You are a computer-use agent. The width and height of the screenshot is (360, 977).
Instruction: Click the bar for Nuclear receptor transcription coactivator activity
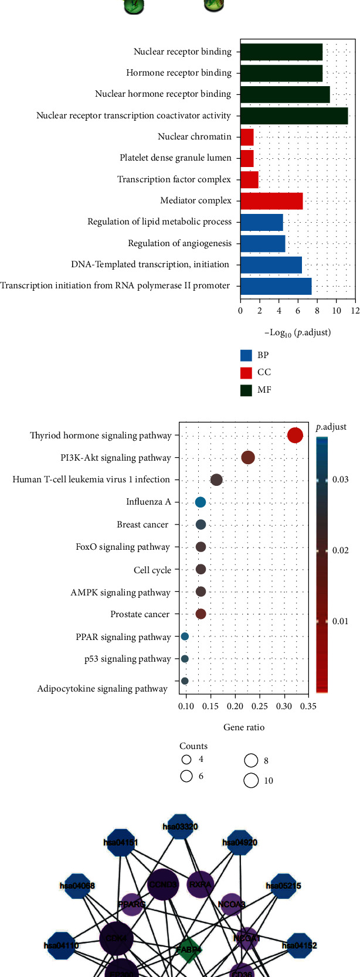pos(294,115)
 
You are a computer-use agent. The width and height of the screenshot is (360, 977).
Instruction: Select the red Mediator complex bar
pos(271,200)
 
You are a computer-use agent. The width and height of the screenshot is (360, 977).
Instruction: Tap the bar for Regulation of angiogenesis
pos(263,243)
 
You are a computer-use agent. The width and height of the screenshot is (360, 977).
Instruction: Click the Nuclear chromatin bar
pos(247,137)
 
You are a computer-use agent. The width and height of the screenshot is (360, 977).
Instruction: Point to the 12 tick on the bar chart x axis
pos(355,311)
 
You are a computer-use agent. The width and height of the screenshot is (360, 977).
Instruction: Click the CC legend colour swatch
pos(246,372)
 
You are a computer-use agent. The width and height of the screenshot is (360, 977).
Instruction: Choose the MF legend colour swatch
pos(246,390)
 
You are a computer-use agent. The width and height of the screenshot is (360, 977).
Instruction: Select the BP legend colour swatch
pos(246,355)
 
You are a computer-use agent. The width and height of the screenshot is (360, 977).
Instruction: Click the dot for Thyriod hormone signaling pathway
pos(295,435)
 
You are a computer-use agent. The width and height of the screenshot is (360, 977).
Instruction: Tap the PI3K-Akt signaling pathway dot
pos(248,458)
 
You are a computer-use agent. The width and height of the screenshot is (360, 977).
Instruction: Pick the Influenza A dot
pos(201,502)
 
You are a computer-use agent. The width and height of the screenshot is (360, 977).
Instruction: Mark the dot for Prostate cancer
pos(201,614)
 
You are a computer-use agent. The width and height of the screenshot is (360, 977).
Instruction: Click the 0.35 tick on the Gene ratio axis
pos(308,706)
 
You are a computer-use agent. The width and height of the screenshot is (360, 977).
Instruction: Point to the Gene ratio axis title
pos(244,727)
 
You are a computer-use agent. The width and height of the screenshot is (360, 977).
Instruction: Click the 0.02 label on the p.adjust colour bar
pos(341,550)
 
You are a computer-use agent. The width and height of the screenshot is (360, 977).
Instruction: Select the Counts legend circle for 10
pos(251,780)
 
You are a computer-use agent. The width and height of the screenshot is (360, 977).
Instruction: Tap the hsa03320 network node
pos(180,827)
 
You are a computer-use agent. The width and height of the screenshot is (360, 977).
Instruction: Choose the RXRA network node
pos(200,885)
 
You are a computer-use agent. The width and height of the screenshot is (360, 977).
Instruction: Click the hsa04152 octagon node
pos(299,945)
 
